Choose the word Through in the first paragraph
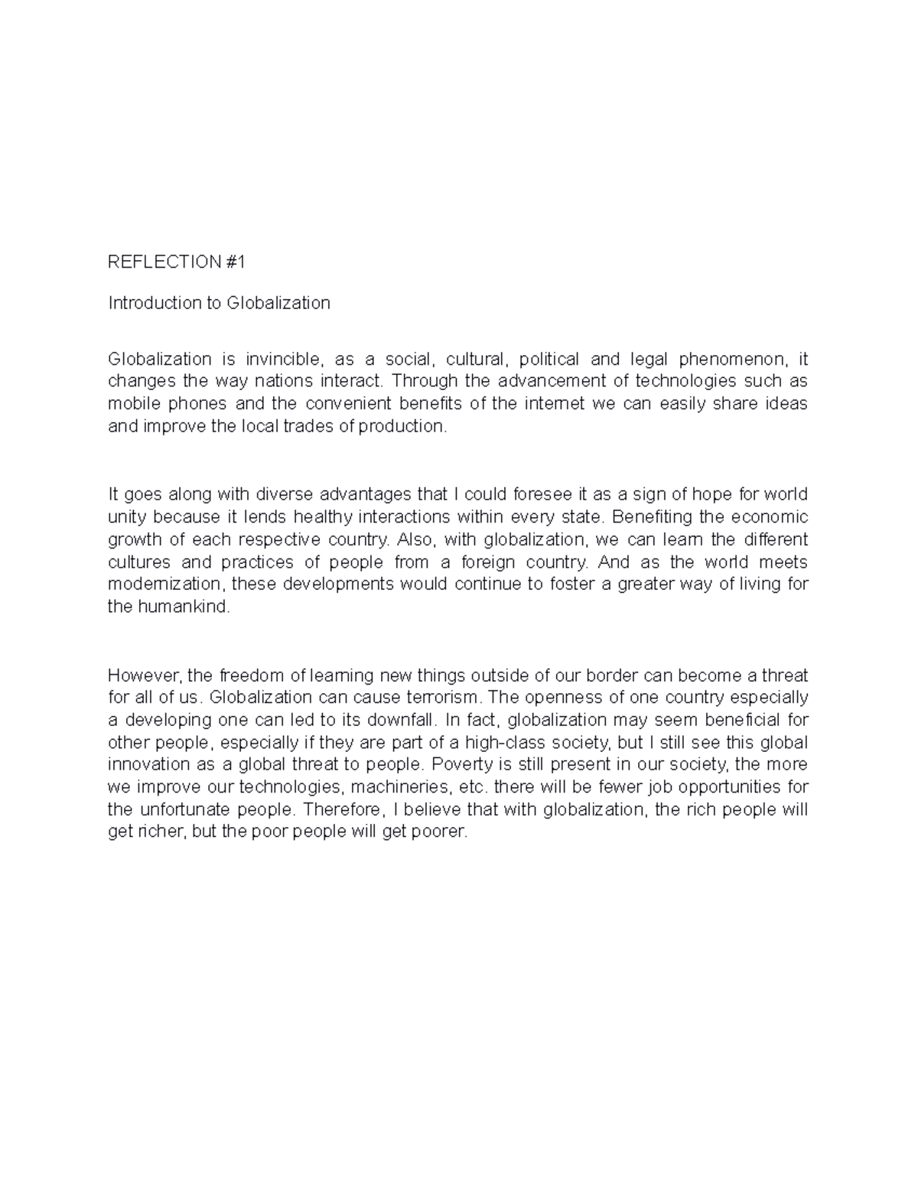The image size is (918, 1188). [418, 381]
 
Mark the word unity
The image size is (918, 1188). [125, 516]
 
